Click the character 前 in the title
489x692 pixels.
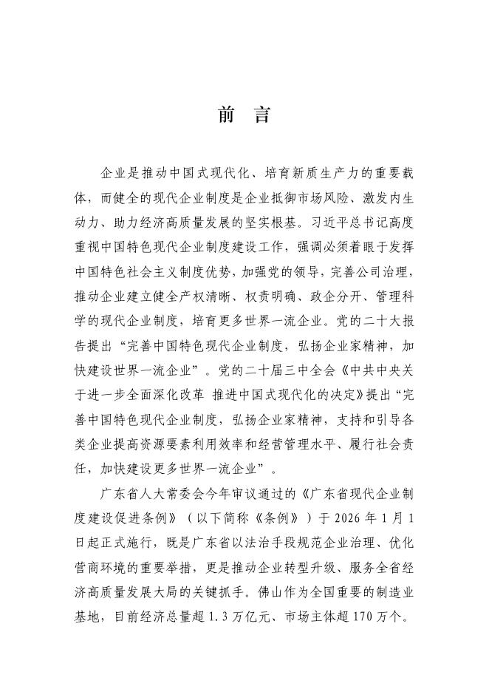click(x=225, y=115)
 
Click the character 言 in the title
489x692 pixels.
click(x=263, y=115)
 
